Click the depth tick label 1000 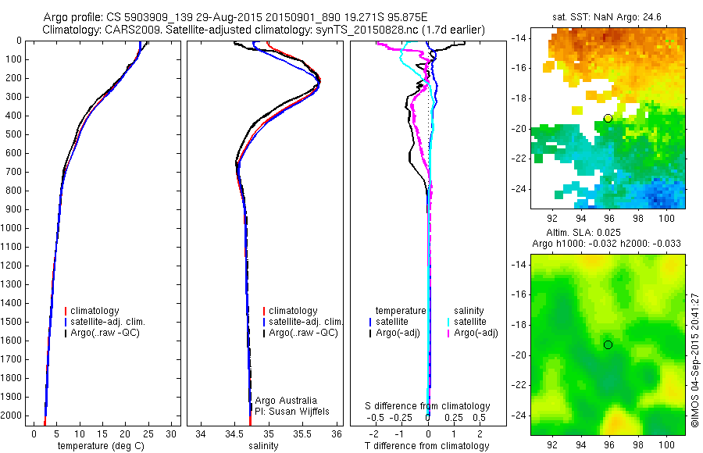point(14,228)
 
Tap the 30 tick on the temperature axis point(172,433)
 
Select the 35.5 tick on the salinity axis point(303,433)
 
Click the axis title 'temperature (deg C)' point(98,446)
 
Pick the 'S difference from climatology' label point(428,406)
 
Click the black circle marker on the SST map point(607,118)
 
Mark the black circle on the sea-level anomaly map point(607,344)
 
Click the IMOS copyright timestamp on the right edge point(695,360)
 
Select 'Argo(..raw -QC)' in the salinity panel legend point(303,333)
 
